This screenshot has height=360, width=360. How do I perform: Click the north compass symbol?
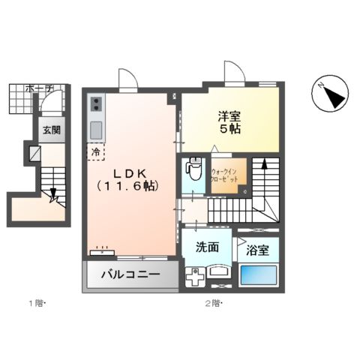[328, 95]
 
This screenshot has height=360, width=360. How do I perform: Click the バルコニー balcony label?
[130, 275]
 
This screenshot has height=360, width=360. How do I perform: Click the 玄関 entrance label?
[51, 129]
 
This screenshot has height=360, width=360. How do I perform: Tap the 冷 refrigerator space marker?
[95, 151]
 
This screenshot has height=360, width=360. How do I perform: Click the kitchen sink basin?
[97, 130]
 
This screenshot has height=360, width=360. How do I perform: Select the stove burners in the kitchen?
[97, 104]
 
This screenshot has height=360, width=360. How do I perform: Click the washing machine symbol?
[194, 276]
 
